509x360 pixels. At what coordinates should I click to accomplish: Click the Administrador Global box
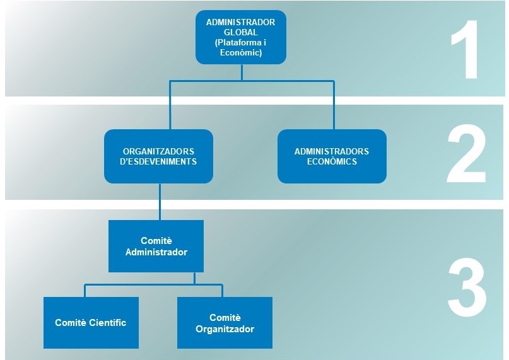[x=240, y=37]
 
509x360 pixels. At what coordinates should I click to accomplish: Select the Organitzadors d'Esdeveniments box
[x=159, y=156]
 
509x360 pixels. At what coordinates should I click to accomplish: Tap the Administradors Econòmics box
[x=332, y=156]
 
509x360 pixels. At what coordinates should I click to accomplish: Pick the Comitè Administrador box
[x=156, y=246]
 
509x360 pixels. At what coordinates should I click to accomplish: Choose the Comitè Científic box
[x=91, y=323]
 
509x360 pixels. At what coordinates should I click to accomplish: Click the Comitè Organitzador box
[x=225, y=323]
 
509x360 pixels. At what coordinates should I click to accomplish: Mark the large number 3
[x=467, y=291]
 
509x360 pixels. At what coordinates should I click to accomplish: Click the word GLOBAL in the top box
[x=240, y=32]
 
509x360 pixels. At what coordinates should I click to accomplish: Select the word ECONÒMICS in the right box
[x=332, y=161]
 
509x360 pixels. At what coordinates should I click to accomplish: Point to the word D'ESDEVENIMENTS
[x=160, y=161]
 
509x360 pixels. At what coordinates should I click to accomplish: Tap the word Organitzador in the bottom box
[x=225, y=329]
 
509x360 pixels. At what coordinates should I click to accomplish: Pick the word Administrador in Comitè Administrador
[x=156, y=252]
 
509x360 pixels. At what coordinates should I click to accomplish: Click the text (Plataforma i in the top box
[x=240, y=43]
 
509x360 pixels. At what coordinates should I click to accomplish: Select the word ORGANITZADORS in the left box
[x=159, y=151]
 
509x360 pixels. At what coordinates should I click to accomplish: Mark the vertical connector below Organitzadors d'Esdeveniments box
[x=160, y=201]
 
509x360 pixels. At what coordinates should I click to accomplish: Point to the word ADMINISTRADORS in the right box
[x=332, y=151]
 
